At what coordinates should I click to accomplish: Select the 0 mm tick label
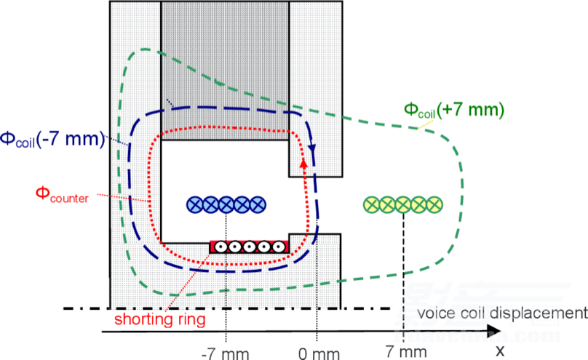(x=319, y=352)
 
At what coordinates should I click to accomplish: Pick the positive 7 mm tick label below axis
(x=402, y=352)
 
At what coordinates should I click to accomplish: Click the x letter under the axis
(x=499, y=350)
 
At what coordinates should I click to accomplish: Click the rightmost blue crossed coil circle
(x=258, y=205)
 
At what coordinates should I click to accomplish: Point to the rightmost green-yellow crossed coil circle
(x=434, y=205)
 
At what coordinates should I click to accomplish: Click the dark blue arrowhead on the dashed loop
(x=313, y=148)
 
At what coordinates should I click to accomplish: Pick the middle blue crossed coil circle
(x=226, y=205)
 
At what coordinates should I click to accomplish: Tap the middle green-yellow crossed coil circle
(x=402, y=205)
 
